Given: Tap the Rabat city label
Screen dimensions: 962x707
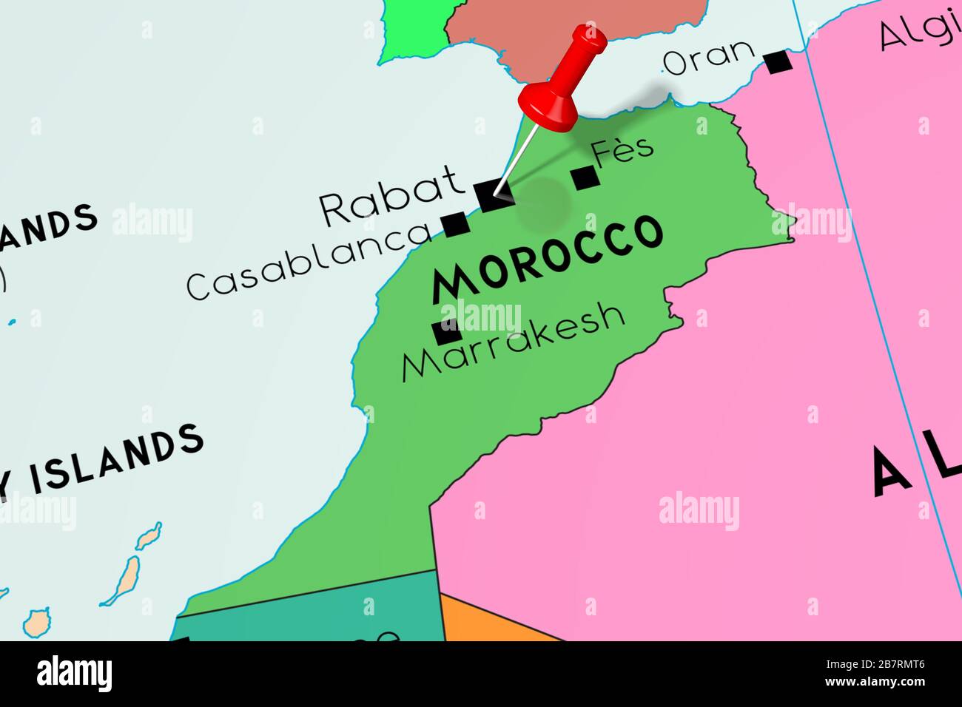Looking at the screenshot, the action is [x=390, y=196].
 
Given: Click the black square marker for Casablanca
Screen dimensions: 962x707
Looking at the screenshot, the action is [x=454, y=223].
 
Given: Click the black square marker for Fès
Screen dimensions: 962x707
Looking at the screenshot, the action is [x=584, y=177].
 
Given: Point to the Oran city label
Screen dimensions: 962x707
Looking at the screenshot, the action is [x=710, y=57].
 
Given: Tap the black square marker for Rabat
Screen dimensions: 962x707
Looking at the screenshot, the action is [x=490, y=196].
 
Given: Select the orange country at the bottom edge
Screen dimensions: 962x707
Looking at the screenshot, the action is [x=488, y=625].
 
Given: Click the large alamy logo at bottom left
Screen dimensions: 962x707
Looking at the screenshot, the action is [x=74, y=674].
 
